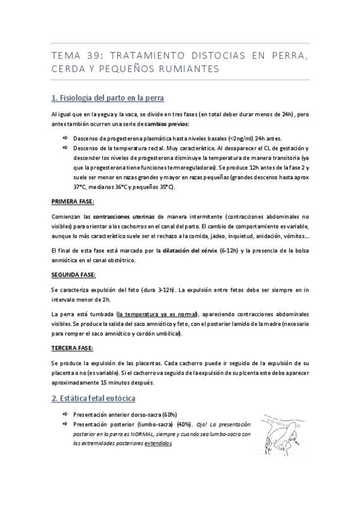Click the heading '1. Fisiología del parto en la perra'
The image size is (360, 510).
point(108,97)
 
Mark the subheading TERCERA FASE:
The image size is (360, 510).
point(72,348)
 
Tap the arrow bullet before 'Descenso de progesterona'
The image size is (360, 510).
point(66,138)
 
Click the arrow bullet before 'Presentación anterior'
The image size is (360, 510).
point(66,414)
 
